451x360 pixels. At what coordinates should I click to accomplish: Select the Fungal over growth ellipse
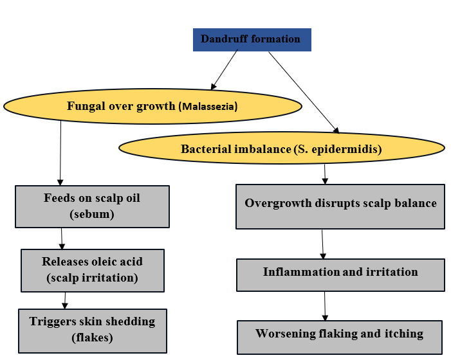pos(152,106)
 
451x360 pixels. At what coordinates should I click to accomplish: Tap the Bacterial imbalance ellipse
pos(281,149)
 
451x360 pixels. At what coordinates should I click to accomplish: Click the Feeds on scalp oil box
pos(92,206)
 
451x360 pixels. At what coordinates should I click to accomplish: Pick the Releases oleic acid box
pos(92,270)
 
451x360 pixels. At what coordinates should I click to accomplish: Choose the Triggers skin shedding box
pos(92,329)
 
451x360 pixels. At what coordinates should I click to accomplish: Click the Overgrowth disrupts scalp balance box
pos(340,206)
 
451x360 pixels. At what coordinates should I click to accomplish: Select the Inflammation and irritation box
pos(340,274)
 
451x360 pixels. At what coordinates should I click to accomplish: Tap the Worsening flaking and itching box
pos(339,336)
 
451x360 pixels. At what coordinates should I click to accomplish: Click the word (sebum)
pos(92,215)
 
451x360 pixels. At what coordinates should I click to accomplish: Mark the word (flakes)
pos(92,337)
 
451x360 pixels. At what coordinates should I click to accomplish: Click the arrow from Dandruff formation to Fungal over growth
pos(225,69)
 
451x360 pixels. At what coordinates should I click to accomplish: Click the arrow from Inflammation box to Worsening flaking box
pos(326,305)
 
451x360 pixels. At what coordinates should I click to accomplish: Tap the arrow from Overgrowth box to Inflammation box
pos(323,244)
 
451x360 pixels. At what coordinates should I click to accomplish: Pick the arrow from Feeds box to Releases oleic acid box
pos(62,239)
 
